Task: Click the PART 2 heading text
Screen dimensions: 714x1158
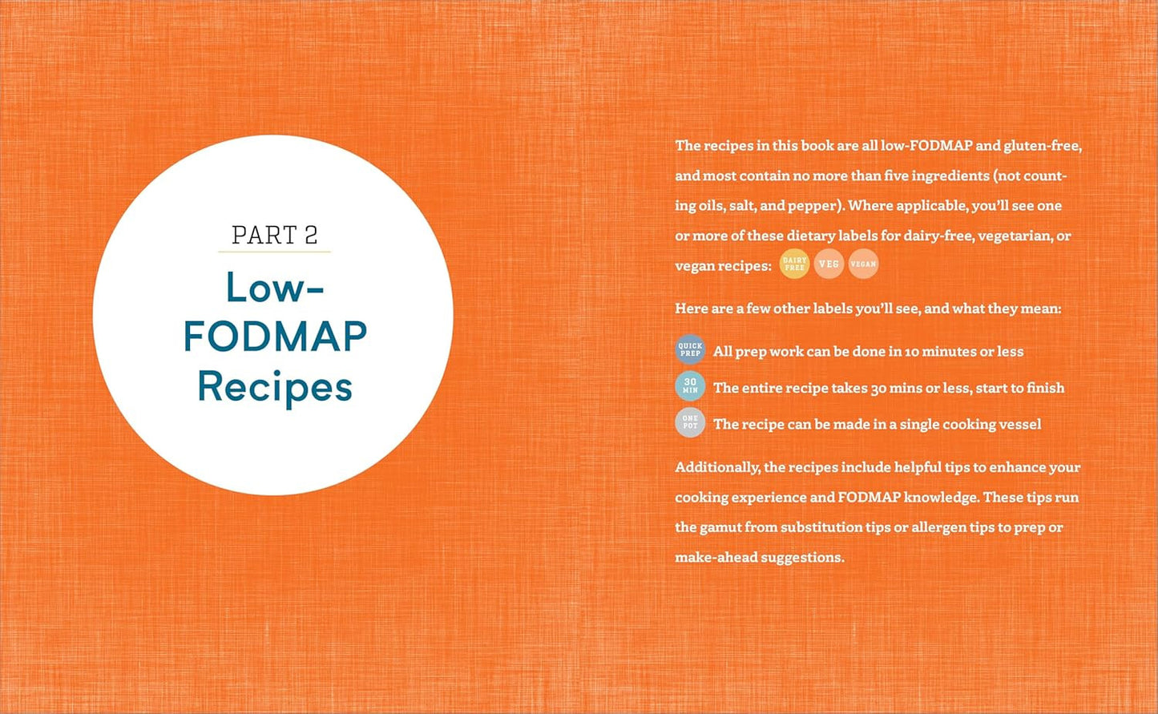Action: tap(274, 235)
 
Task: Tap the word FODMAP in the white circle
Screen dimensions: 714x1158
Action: tap(275, 337)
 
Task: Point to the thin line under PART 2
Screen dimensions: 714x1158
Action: tap(274, 252)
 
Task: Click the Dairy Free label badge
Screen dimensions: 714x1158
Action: tap(794, 264)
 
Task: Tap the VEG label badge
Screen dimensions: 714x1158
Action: tap(829, 264)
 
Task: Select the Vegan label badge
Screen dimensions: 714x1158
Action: tap(863, 264)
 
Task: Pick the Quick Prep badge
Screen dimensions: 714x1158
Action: tap(690, 350)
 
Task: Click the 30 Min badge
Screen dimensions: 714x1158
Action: tap(690, 386)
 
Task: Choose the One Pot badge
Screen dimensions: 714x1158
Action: tap(690, 422)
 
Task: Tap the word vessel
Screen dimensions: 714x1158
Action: tap(1019, 425)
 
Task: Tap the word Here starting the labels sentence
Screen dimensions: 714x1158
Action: tap(691, 309)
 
